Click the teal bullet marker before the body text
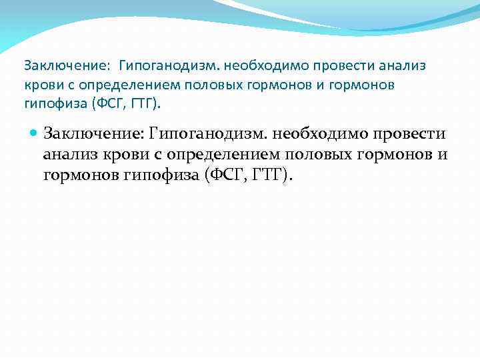pyautogui.click(x=35, y=133)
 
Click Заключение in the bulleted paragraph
pyautogui.click(x=93, y=133)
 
